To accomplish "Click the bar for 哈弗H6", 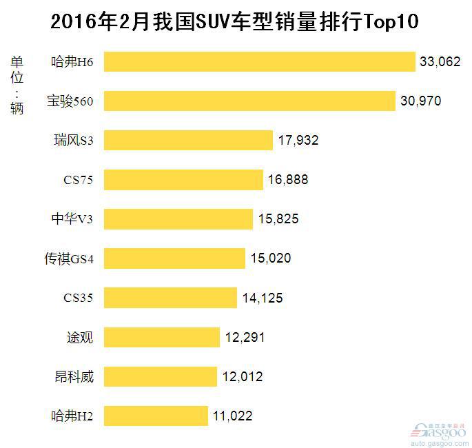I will [260, 62].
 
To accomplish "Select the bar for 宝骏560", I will [251, 101].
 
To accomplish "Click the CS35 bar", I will [172, 298].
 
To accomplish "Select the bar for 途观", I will [163, 337].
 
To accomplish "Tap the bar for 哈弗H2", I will [157, 416].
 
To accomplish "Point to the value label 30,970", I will [420, 101].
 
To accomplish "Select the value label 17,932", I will [298, 141].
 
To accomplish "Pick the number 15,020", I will [270, 258].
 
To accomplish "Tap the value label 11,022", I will [232, 416].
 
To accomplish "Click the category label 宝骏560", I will [74, 101].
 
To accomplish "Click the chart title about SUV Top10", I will [235, 22].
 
